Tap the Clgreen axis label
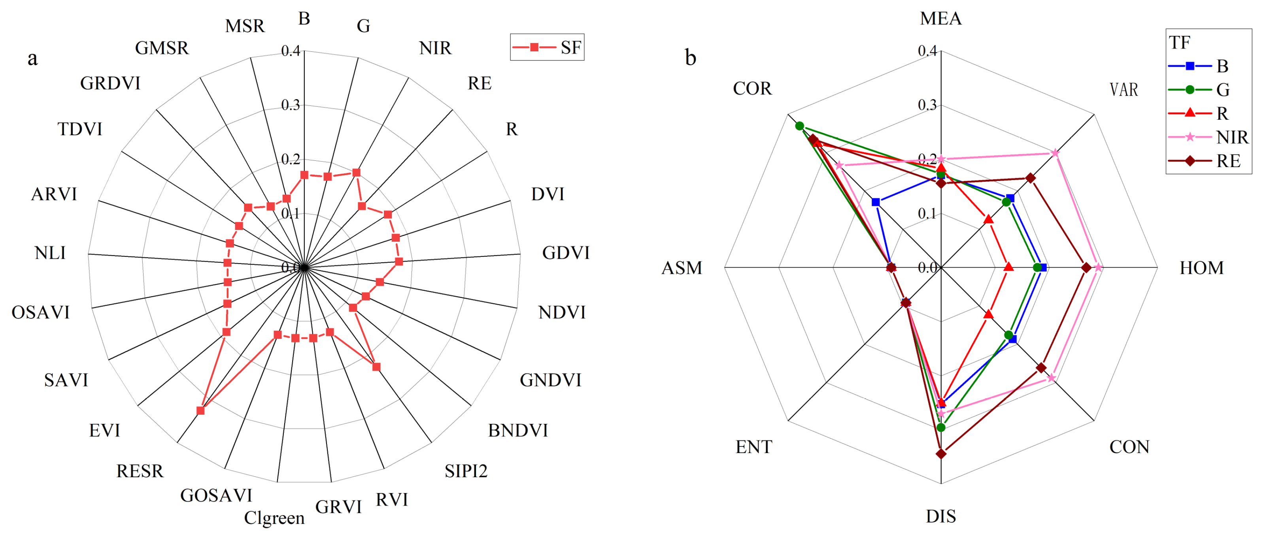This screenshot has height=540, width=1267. click(x=274, y=518)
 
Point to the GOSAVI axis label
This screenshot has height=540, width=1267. click(x=216, y=496)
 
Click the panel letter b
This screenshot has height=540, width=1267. click(x=691, y=58)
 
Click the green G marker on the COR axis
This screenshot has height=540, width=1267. click(x=800, y=126)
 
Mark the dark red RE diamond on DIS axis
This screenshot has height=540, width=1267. click(x=941, y=453)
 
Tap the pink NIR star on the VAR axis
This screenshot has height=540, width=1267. click(x=1055, y=153)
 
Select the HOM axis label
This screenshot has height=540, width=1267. click(x=1202, y=268)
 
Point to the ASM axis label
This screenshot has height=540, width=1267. click(x=682, y=268)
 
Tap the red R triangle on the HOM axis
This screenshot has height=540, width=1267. click(x=1008, y=267)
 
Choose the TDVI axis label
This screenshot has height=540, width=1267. click(x=80, y=129)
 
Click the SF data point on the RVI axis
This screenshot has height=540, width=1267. click(x=376, y=367)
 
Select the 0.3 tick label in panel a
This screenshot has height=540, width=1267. click(x=290, y=105)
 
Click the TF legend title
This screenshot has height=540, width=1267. click(x=1180, y=43)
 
